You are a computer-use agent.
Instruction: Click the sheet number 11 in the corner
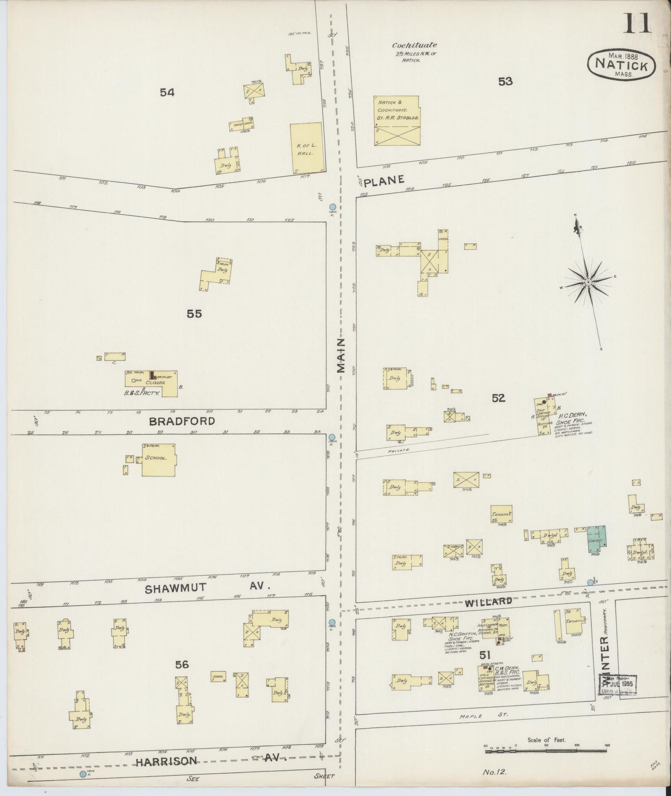click(x=637, y=23)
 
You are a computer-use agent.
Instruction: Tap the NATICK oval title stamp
click(x=621, y=65)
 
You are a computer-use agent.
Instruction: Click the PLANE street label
click(x=384, y=180)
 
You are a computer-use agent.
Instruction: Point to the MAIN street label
click(x=341, y=355)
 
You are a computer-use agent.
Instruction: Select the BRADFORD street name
click(x=182, y=421)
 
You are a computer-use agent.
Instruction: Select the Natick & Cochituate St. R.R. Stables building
click(x=397, y=121)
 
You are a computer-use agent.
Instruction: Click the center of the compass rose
click(x=588, y=282)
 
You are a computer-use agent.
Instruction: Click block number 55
click(x=194, y=314)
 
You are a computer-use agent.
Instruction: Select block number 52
click(x=498, y=398)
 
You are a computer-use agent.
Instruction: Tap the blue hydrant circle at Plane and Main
click(x=332, y=207)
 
